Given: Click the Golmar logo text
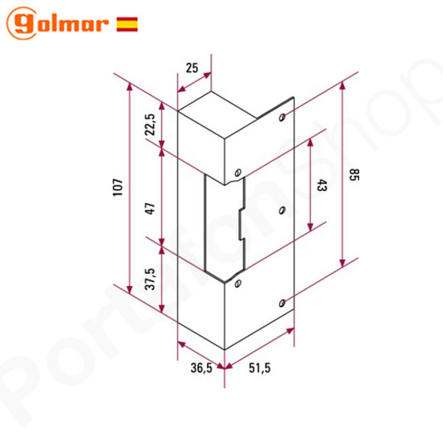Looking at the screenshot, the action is [58, 23].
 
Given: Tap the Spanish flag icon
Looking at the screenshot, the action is [126, 24].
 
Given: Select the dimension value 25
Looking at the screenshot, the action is [192, 68].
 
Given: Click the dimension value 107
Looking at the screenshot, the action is [118, 187].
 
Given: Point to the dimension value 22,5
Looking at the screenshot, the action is [150, 125].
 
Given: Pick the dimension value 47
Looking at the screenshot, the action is [150, 209].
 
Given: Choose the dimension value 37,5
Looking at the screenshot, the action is [150, 279].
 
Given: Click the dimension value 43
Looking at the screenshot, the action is [322, 185].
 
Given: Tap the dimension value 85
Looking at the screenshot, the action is [354, 175].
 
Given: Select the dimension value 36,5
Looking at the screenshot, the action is [201, 367].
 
